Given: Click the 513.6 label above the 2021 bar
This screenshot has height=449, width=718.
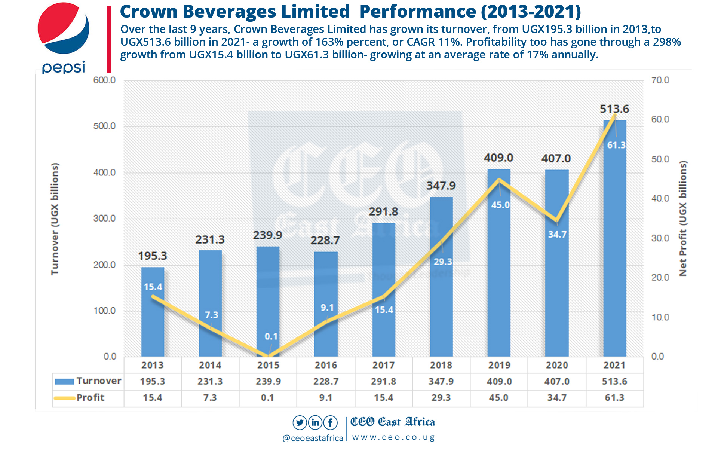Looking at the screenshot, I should (x=614, y=109).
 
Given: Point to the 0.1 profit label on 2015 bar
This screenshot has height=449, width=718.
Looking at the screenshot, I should (x=271, y=336).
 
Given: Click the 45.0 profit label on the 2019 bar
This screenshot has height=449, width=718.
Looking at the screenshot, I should (x=500, y=205).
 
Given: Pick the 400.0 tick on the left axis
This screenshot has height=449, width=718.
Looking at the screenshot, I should (x=104, y=172).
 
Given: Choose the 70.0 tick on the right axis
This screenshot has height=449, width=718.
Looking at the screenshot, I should (x=660, y=80).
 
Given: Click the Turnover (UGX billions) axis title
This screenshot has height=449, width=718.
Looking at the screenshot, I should (x=55, y=219).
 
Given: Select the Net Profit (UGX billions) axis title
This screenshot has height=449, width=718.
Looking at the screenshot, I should (x=683, y=219).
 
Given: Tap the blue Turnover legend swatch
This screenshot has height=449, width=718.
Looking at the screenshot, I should (x=64, y=381).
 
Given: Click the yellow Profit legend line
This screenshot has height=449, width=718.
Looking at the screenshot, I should (x=64, y=398).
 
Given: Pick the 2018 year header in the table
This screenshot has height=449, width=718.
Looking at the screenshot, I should (x=441, y=365).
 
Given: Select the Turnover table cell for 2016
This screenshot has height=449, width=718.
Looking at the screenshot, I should (x=326, y=381).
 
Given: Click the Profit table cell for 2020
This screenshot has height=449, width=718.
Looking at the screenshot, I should (x=556, y=398).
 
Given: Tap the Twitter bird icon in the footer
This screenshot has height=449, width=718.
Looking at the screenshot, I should (x=300, y=422).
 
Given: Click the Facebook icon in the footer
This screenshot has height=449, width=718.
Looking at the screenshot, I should (x=331, y=422).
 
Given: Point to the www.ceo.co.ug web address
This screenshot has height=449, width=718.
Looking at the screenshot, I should (x=393, y=437).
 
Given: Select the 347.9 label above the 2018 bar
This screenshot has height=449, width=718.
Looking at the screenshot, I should (x=441, y=186).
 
